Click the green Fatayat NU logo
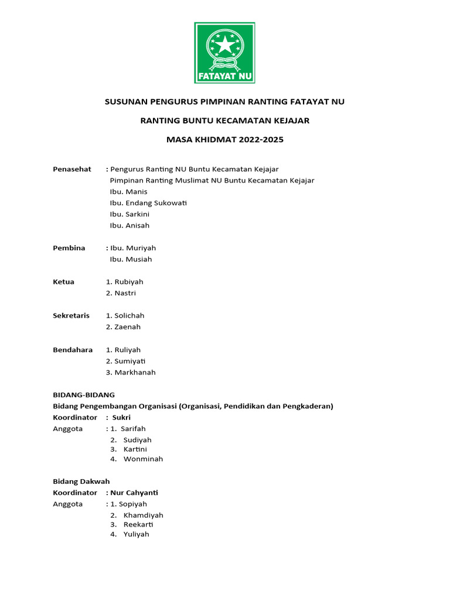tap(224, 53)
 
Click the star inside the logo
tap(225, 44)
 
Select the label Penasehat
tap(72, 169)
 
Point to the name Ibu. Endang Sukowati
tap(148, 203)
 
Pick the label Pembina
tap(69, 248)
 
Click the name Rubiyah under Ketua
tap(128, 282)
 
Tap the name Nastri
tap(125, 293)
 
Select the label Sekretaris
tap(71, 316)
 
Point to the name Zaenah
tap(127, 327)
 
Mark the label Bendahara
tap(73, 350)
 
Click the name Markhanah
tap(135, 373)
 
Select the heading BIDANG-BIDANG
tap(84, 395)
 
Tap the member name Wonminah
tap(143, 459)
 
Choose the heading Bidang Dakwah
tap(81, 481)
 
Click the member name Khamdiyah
tap(143, 515)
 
